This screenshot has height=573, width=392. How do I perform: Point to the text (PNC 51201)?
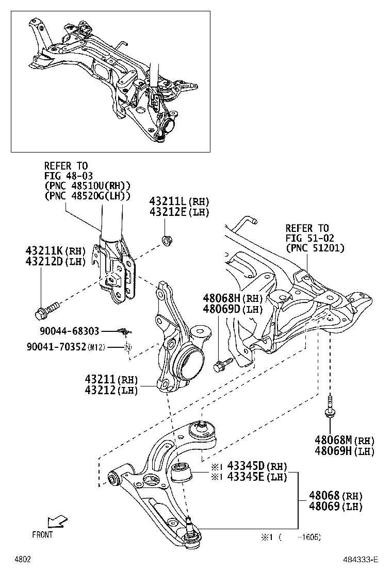[x=315, y=248]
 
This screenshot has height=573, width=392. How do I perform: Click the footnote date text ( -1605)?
[x=301, y=537]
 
